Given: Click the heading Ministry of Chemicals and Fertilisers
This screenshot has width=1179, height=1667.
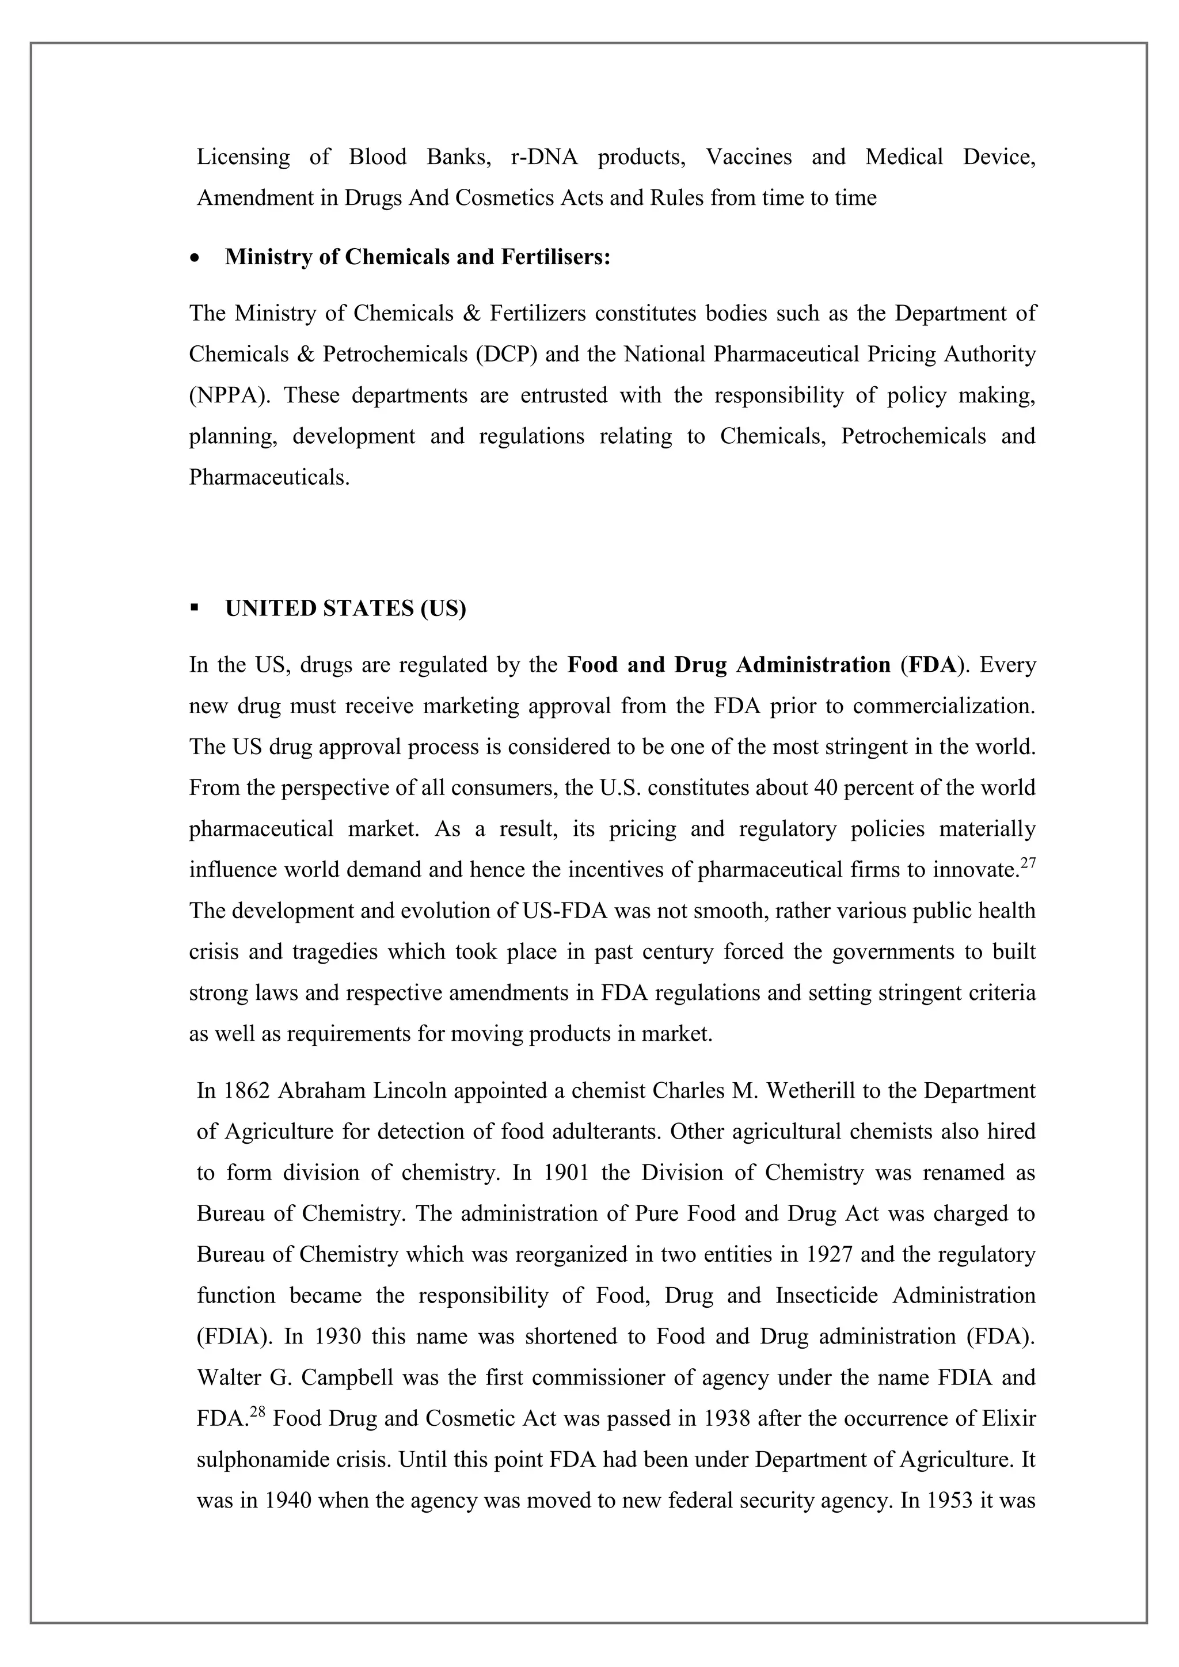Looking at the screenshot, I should point(417,257).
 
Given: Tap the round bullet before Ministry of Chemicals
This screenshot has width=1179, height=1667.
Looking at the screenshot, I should point(194,258).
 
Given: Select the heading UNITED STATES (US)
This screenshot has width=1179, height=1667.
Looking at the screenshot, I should point(345,608).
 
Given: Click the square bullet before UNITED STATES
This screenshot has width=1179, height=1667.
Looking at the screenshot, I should point(194,608).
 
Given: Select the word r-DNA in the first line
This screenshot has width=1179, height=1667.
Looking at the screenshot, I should point(545,157).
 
